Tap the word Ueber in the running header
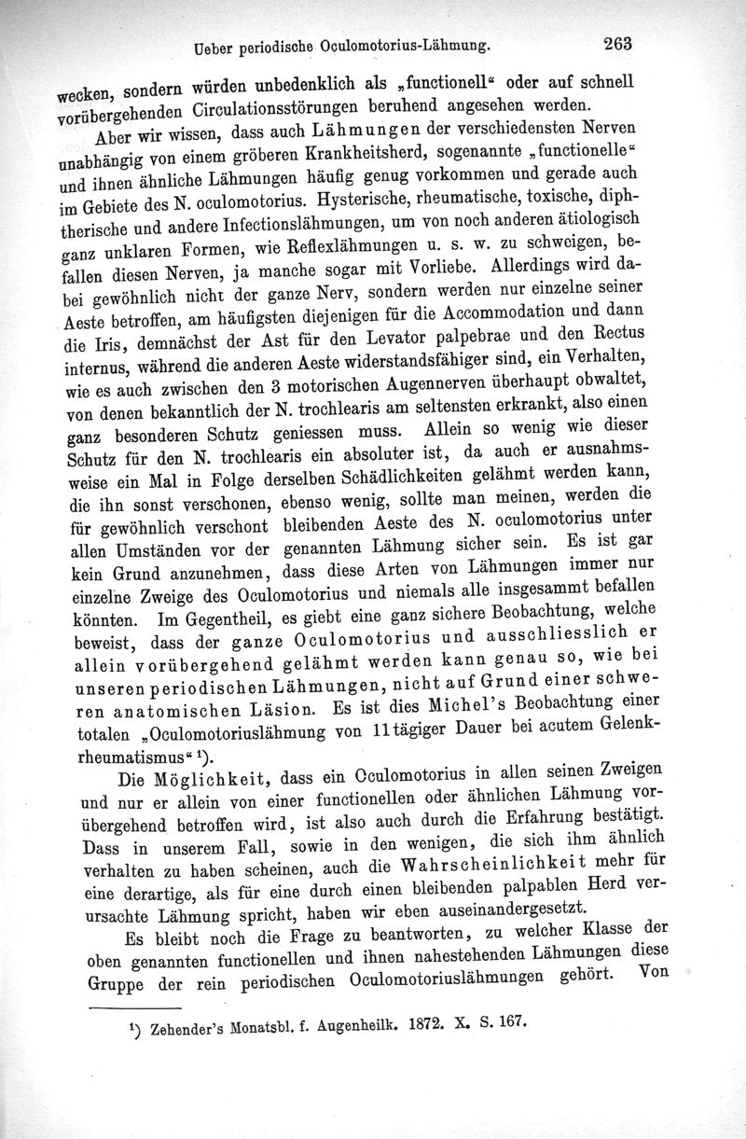coord(210,44)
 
